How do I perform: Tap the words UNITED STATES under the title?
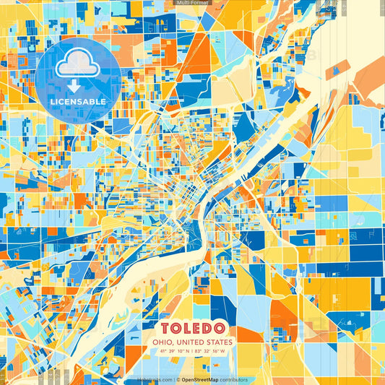pos(207,342)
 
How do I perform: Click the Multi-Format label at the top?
pos(192,4)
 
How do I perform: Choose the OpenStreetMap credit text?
pos(202,380)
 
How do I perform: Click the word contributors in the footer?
pos(235,380)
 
